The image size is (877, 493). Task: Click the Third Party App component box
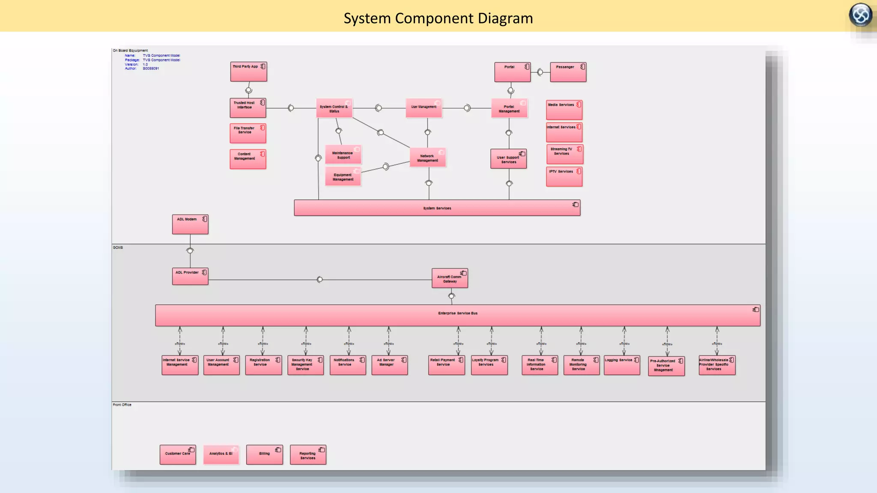(248, 71)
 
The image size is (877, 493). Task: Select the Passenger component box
(568, 72)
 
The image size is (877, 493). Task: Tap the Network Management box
(427, 157)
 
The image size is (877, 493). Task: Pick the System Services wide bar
(437, 208)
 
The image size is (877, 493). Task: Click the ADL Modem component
(190, 224)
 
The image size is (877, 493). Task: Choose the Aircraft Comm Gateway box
(450, 278)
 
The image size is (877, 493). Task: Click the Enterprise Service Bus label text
(457, 313)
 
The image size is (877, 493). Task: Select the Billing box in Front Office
(264, 454)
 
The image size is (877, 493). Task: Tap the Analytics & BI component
(221, 454)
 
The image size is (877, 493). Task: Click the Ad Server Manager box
(389, 365)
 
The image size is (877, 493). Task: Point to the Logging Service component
(622, 365)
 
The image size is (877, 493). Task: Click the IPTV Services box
(564, 176)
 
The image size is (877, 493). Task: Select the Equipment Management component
(343, 176)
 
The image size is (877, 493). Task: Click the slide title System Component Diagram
(438, 18)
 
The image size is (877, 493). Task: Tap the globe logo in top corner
(860, 15)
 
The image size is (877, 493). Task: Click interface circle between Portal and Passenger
(540, 72)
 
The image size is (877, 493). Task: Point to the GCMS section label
(118, 247)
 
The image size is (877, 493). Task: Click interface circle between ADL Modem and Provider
(190, 251)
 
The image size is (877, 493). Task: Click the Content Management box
(248, 159)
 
